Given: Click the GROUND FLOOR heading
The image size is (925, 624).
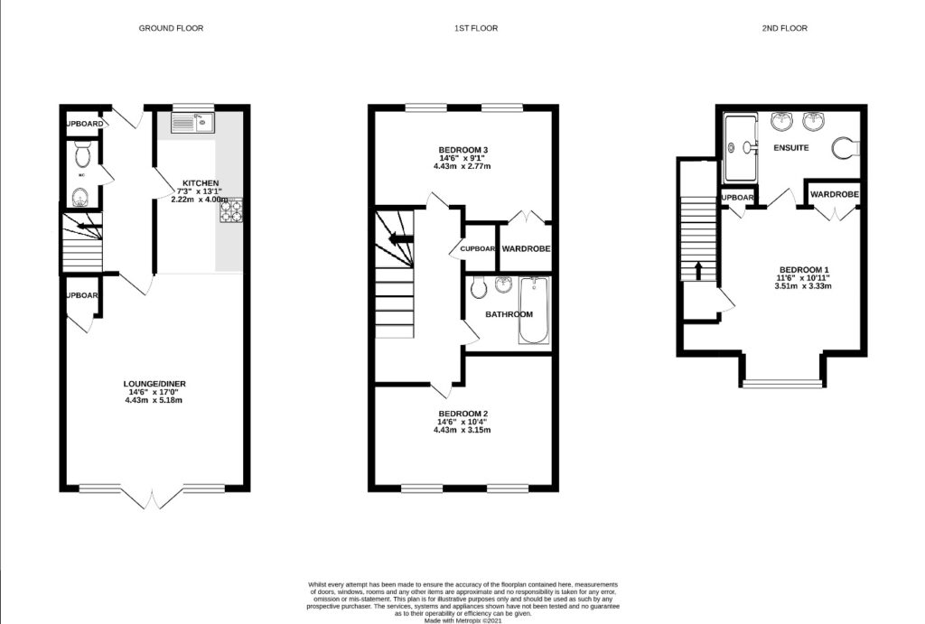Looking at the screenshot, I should [171, 28].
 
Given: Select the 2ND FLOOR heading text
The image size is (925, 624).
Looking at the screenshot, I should [783, 28].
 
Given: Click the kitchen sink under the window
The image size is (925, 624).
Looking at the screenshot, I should [191, 123].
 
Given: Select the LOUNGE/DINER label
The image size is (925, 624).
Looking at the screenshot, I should [154, 384].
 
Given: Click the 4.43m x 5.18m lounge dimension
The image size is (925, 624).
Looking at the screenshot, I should [154, 400].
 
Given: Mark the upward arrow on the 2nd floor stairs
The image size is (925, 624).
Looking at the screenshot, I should [697, 268].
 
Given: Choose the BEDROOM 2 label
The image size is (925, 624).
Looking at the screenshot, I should [462, 414].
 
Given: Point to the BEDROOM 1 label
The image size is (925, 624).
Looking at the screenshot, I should [803, 270].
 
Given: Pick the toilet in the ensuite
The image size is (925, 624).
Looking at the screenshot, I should [846, 147].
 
